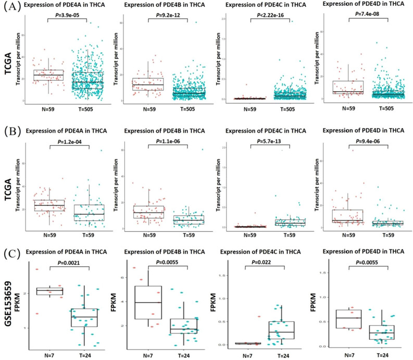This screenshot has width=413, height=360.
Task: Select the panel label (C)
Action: tap(11, 254)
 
